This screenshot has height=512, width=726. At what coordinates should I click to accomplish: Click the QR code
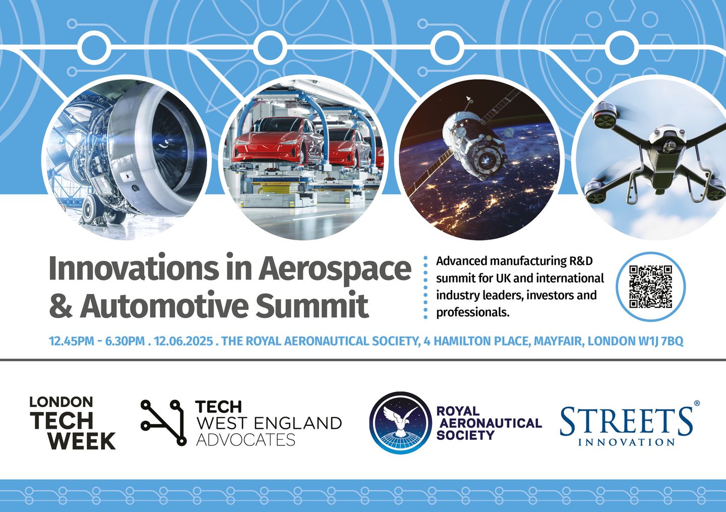650,287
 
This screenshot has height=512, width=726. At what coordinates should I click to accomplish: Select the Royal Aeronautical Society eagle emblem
401,423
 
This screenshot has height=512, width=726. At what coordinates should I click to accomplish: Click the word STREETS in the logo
627,422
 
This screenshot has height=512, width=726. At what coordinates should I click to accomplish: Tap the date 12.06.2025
184,341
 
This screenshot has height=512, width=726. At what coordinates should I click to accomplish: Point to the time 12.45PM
71,341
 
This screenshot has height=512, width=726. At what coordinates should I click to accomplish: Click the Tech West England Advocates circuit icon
164,423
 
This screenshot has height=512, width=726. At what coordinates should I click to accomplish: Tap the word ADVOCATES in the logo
246,440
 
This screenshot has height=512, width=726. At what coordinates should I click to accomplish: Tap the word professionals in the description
473,313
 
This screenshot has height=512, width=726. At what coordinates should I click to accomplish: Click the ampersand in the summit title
61,305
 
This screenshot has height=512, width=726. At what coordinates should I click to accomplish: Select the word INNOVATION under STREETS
627,442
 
